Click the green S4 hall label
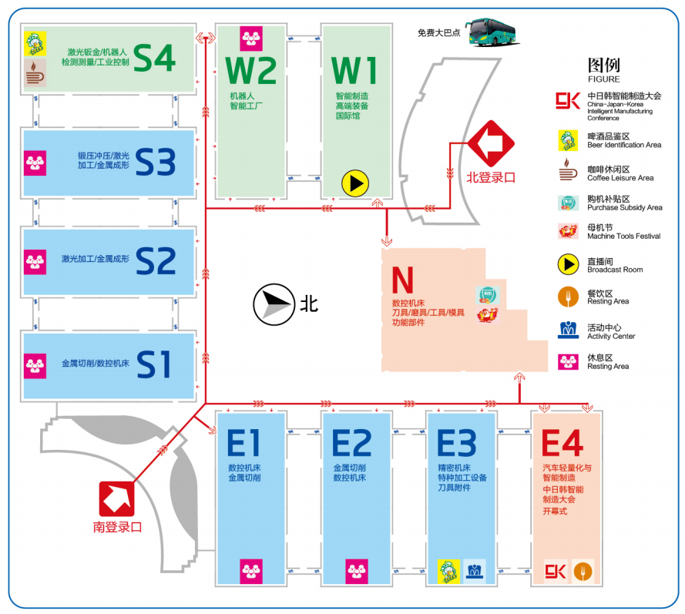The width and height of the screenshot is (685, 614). coord(155,58)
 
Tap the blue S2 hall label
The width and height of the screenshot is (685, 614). coord(156,261)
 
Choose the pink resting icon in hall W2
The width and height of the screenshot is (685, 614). coord(250,38)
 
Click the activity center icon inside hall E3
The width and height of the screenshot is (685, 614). coord(475,571)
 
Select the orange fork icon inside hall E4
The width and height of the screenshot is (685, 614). coord(583,571)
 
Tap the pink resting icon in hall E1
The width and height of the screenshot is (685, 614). coord(250,570)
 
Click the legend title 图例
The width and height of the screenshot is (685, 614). coord(603,65)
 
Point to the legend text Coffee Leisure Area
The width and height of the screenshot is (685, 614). coord(620,178)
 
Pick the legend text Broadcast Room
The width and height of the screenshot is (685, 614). coord(614,270)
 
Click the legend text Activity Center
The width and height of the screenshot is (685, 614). coord(611,336)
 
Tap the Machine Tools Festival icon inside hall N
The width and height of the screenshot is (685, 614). coord(485,314)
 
